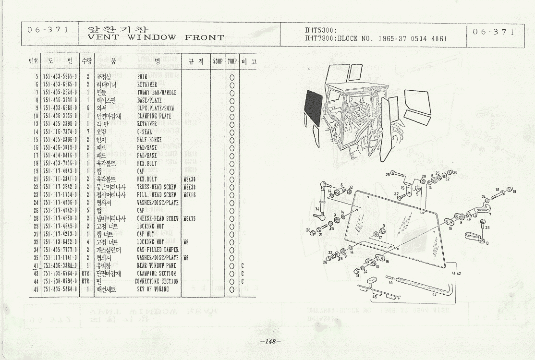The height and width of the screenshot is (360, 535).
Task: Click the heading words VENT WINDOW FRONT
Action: [x=157, y=37]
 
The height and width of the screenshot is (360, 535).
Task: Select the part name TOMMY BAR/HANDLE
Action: [x=157, y=93]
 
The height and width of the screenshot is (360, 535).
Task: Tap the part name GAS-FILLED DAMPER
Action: [x=158, y=250]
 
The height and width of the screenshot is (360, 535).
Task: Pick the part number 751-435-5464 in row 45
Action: [x=60, y=289]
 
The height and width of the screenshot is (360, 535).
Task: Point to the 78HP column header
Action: [x=232, y=62]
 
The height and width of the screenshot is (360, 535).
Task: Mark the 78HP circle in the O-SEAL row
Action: [x=232, y=132]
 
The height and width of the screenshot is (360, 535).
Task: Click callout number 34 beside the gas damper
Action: [x=317, y=209]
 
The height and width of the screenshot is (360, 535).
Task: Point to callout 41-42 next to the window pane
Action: [x=456, y=273]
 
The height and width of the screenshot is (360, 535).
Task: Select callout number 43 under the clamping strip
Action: [x=434, y=294]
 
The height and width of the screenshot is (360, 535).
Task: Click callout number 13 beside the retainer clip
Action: [x=486, y=244]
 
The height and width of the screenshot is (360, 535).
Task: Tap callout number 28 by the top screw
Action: [x=388, y=175]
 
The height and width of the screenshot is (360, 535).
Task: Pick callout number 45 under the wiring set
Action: [x=375, y=297]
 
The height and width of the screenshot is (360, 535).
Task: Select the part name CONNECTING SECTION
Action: [x=157, y=281]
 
